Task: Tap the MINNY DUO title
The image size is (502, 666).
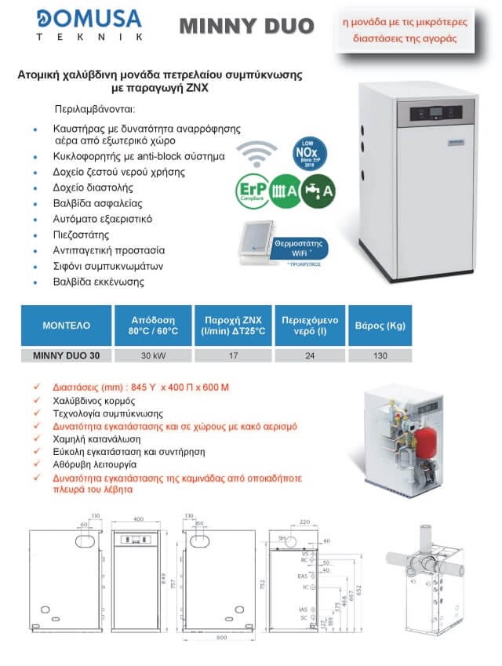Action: click(x=246, y=27)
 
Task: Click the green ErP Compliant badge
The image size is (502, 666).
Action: click(x=251, y=191)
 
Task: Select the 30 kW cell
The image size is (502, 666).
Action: click(x=153, y=355)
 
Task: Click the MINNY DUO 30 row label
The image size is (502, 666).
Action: click(x=66, y=355)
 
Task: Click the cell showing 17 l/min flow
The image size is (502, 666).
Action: click(x=232, y=355)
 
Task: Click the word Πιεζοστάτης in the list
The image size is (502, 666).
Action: click(x=86, y=234)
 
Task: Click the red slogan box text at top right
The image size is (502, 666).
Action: click(x=416, y=28)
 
